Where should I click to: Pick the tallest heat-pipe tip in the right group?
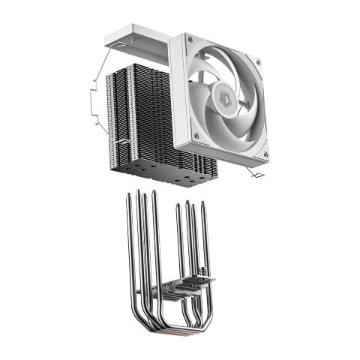point(187,202)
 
